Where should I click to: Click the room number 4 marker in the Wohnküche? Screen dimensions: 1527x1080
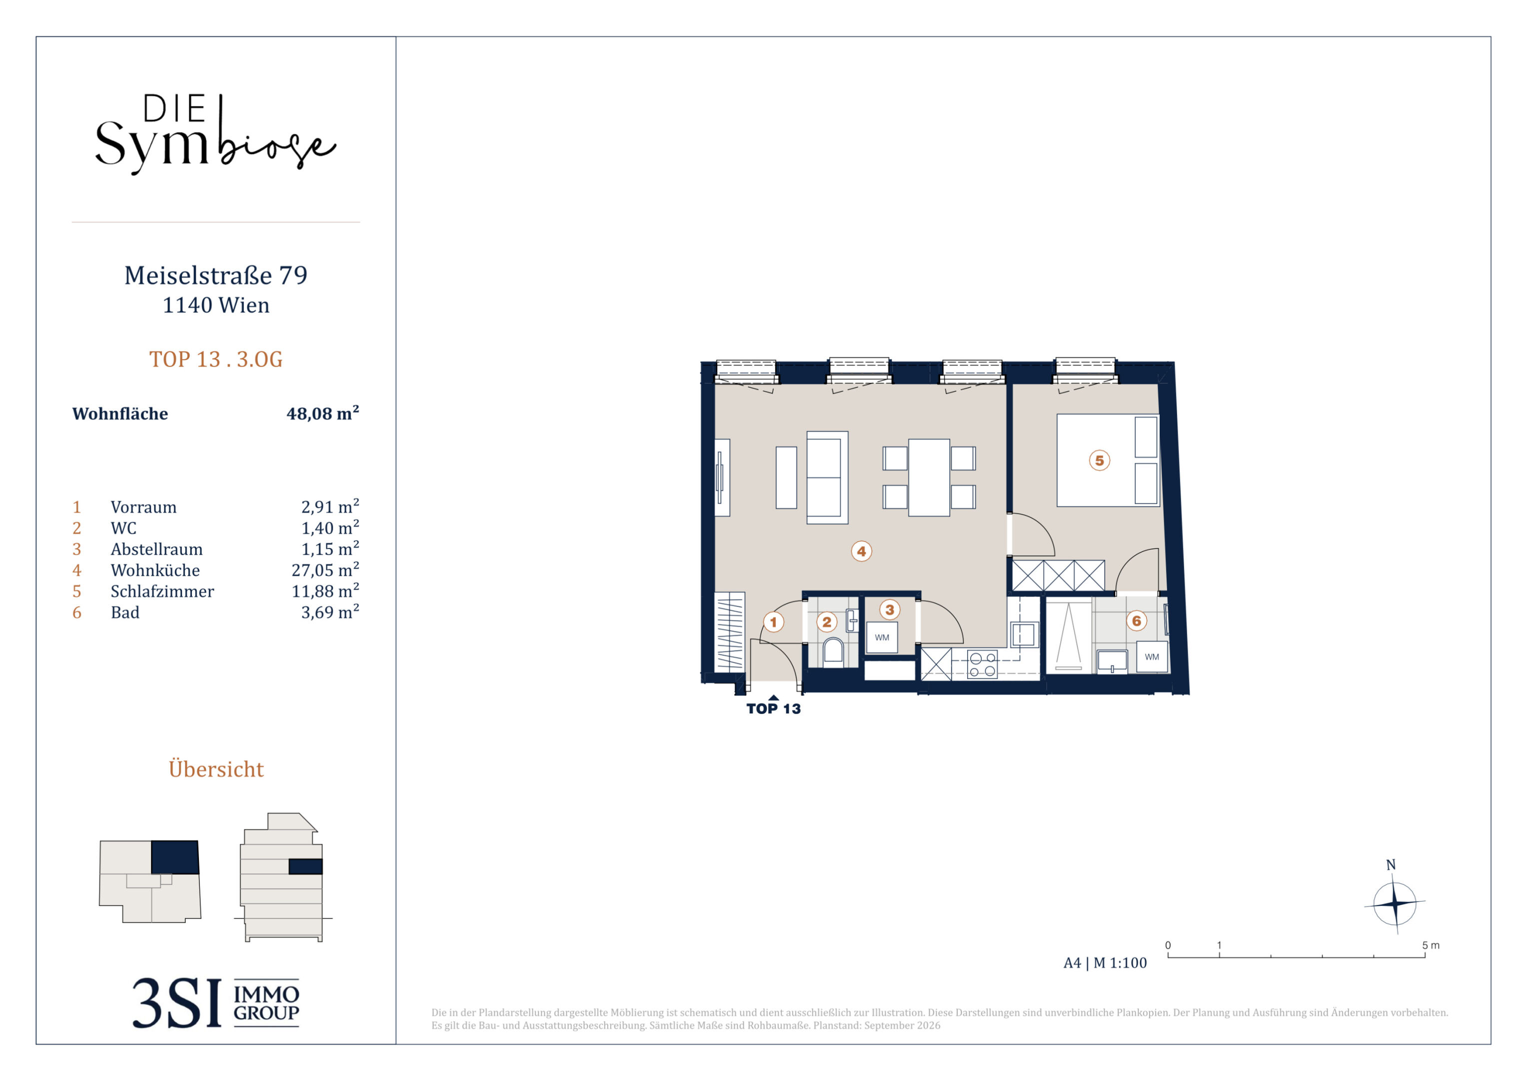click(861, 551)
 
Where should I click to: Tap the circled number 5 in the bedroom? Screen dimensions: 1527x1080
click(1099, 460)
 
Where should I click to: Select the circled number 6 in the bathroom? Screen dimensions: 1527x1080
click(1137, 621)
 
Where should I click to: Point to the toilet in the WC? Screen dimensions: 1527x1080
click(833, 651)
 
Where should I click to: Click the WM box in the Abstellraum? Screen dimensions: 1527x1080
click(882, 637)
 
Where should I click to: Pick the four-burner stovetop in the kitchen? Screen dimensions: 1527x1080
click(982, 664)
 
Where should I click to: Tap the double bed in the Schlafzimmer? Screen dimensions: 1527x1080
click(1108, 460)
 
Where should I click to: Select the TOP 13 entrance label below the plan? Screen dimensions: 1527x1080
click(773, 708)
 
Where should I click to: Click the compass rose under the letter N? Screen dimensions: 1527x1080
click(1395, 903)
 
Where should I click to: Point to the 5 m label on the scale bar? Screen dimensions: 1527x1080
click(1431, 945)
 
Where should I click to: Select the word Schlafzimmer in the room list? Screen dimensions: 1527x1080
click(162, 591)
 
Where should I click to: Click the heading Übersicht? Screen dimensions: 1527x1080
click(216, 768)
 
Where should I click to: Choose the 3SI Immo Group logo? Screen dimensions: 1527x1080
click(215, 1003)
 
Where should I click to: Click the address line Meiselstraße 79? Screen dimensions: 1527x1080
click(216, 275)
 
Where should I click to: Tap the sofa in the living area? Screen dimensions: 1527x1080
click(827, 477)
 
